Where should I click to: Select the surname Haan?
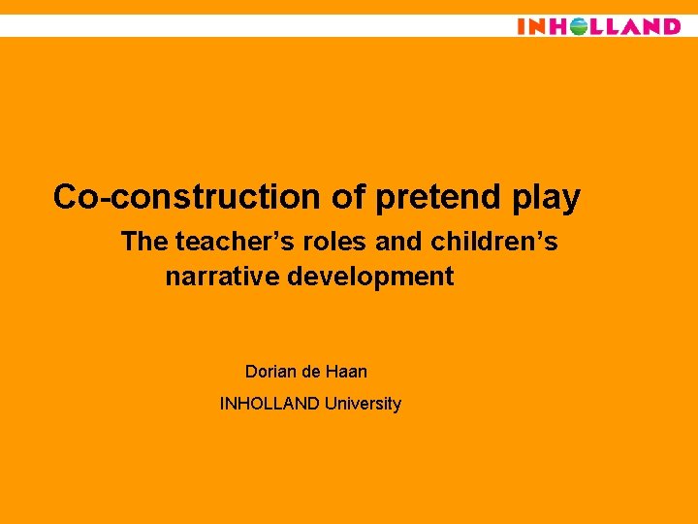click(347, 372)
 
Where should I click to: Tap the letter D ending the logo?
click(669, 26)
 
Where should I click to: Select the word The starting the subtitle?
click(144, 242)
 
